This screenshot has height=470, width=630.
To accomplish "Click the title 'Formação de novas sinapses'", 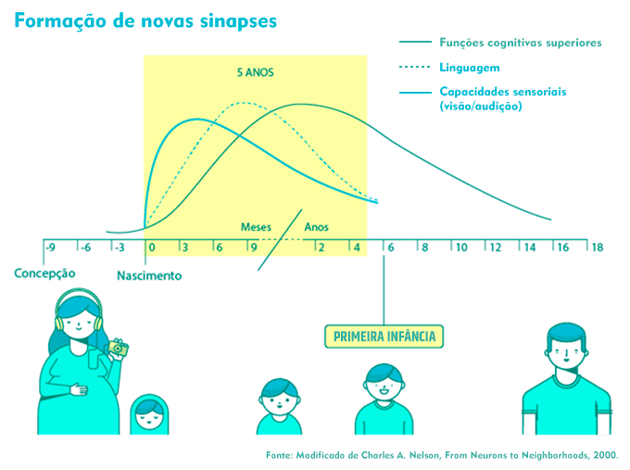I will [145, 21].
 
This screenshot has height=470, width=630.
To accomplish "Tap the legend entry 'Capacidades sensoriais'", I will [502, 93].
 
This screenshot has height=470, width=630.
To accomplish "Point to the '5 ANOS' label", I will [255, 71].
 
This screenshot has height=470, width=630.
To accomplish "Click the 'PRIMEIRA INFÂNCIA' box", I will [382, 336].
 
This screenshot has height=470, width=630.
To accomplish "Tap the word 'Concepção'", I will [44, 273].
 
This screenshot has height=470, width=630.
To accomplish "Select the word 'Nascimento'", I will [149, 275].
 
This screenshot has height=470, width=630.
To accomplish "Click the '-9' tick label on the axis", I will [51, 248].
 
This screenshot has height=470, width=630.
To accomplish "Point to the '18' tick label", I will [598, 248].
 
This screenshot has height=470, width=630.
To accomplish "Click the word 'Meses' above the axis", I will [257, 227].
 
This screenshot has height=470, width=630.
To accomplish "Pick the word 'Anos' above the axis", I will [316, 227].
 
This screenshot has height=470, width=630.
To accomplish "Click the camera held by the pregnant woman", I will [118, 347].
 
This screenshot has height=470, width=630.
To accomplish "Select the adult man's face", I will [566, 357].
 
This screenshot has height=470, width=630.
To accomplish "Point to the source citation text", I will [441, 455].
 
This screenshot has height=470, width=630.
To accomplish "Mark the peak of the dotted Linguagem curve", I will [243, 103].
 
